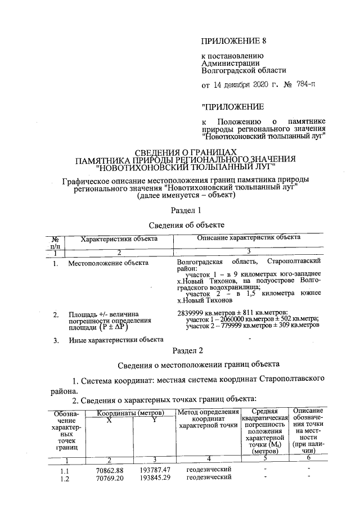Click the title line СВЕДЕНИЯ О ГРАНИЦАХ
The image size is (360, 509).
pos(183,152)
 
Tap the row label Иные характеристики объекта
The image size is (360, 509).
pos(116,339)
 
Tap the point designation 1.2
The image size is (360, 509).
pos(65,478)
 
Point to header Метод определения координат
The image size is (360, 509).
pos(208,418)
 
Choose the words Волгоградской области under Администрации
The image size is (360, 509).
pos(244,71)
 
